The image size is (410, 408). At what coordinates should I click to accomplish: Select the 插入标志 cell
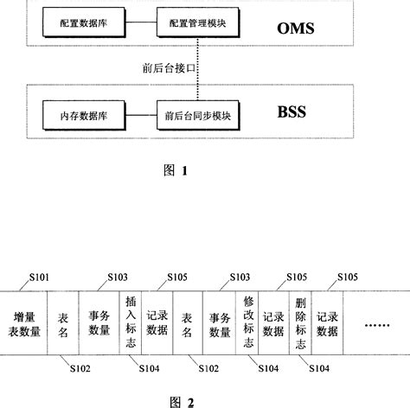[x=131, y=324]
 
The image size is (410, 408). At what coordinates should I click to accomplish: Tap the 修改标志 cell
[x=249, y=324]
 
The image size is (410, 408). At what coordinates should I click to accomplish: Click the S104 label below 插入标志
[x=149, y=368]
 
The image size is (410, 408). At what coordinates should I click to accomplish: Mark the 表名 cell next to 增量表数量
[x=61, y=324]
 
